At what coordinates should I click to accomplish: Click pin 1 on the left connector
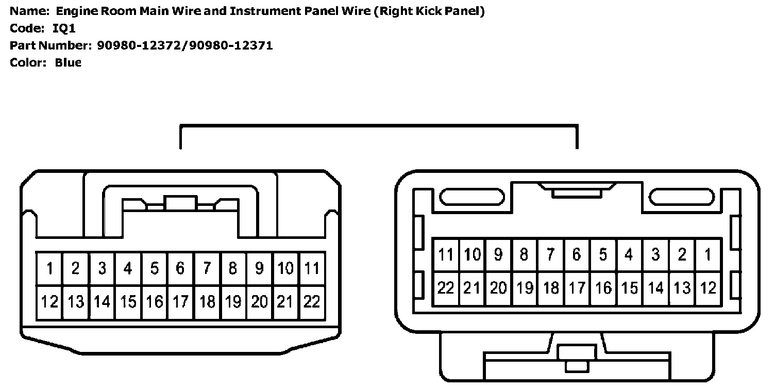tap(49, 269)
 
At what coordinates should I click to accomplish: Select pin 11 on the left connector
tap(312, 269)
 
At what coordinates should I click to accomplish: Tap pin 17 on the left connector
tap(180, 302)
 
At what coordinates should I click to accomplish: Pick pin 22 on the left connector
tap(312, 302)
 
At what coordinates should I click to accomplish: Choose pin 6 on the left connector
tap(180, 269)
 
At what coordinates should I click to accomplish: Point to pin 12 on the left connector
tap(49, 302)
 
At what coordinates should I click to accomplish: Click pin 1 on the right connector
tap(708, 254)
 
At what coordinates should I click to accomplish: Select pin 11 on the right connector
tap(446, 254)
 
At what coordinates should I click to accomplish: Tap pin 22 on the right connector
tap(446, 288)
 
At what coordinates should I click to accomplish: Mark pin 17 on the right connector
tap(577, 288)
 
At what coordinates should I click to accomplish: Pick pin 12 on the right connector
tap(708, 288)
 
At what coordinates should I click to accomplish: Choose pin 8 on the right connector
tap(524, 254)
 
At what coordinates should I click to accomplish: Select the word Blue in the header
tap(68, 63)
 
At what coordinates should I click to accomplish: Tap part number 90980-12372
tap(141, 45)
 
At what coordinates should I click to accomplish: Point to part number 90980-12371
tap(230, 45)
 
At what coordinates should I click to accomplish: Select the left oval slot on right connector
tap(472, 197)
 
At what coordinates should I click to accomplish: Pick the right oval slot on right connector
tap(681, 197)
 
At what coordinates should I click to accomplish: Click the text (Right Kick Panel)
tap(429, 11)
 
